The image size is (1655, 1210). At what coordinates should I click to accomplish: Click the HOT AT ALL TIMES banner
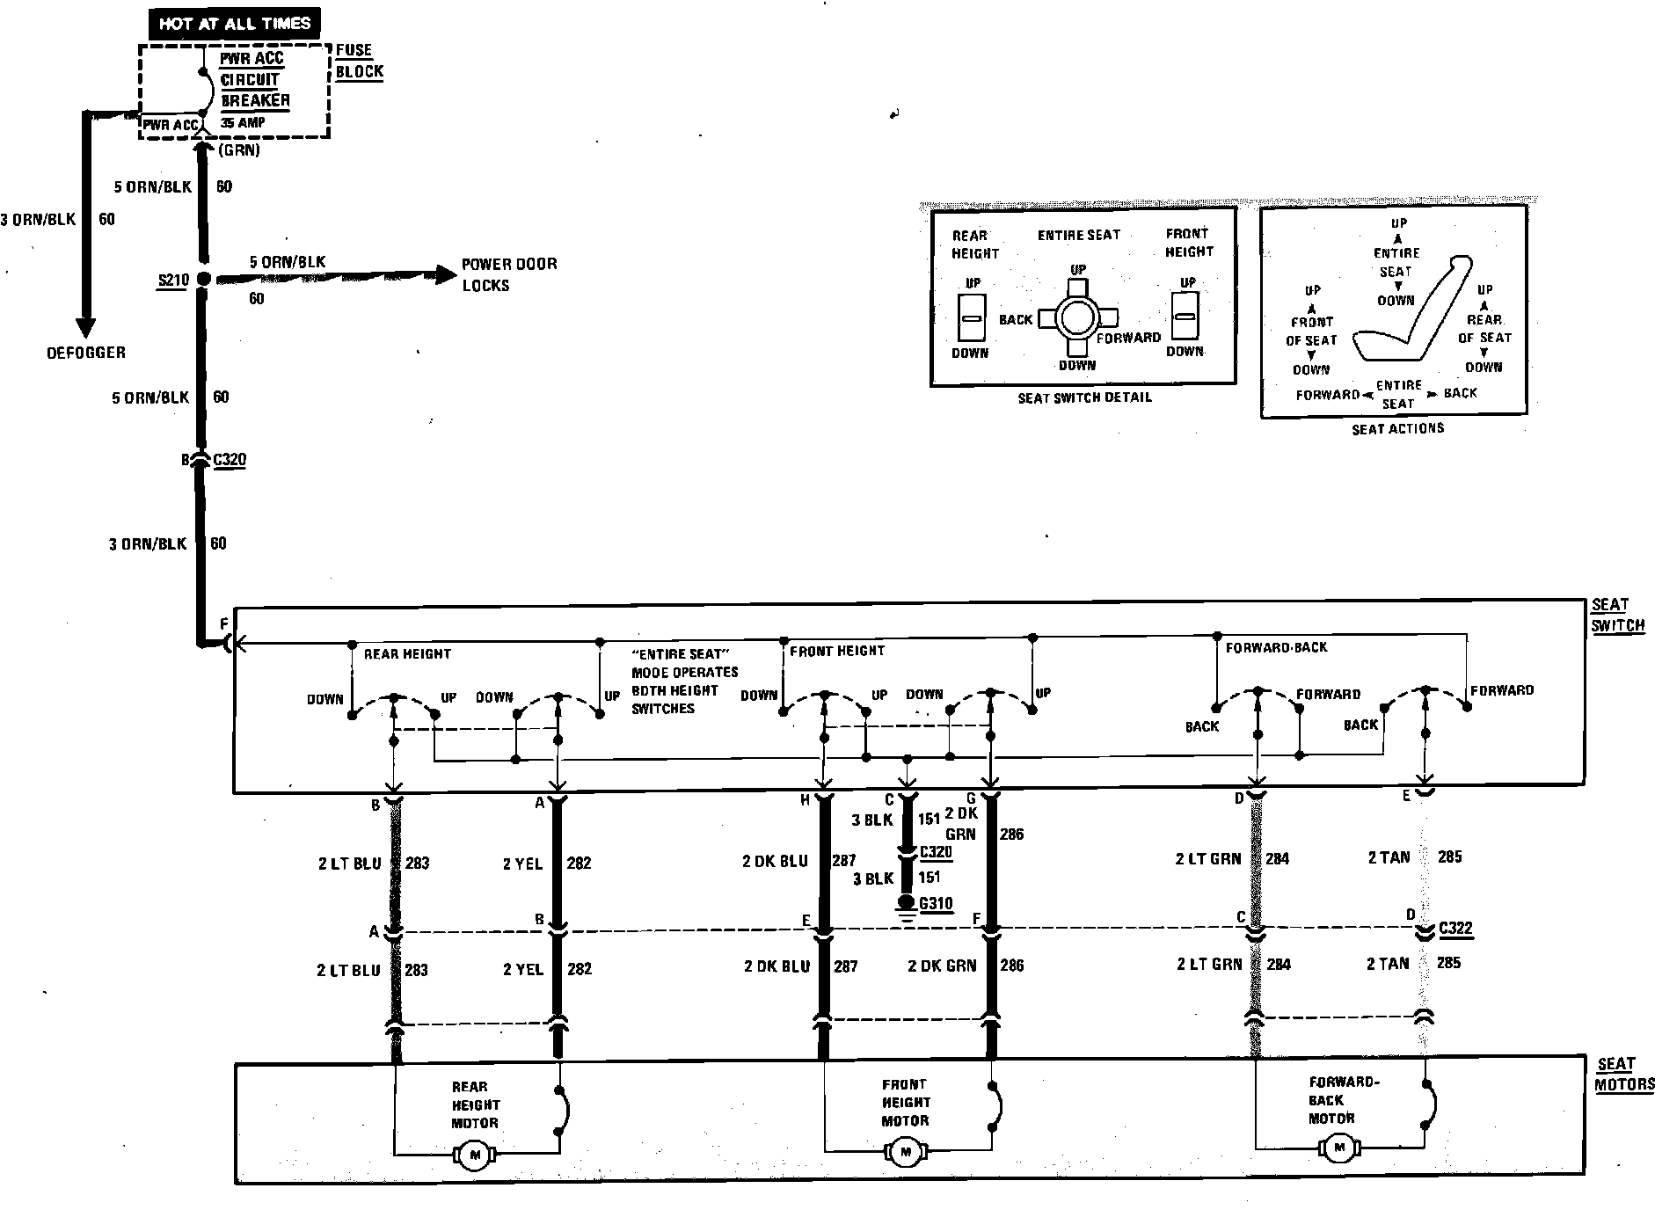tap(235, 24)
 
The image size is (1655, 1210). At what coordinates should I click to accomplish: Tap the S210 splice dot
tap(203, 279)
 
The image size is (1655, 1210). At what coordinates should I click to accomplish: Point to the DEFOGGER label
tap(86, 353)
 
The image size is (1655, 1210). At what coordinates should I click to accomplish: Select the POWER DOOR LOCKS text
tap(509, 274)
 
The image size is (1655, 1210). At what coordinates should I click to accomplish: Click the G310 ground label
tap(936, 903)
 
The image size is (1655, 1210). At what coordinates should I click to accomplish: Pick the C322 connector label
tap(1455, 929)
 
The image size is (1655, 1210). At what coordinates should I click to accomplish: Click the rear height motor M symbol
tap(475, 1155)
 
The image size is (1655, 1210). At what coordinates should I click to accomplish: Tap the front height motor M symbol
tap(905, 1151)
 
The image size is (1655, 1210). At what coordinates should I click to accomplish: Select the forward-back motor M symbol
tap(1338, 1148)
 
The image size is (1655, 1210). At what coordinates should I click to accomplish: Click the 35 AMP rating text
tap(243, 123)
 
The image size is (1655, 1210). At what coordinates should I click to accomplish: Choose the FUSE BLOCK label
tap(359, 61)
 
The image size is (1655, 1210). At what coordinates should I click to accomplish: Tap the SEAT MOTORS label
tap(1624, 1075)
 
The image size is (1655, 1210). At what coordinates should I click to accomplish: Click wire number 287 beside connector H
tap(844, 862)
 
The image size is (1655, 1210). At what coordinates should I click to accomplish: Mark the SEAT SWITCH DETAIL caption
tap(1084, 397)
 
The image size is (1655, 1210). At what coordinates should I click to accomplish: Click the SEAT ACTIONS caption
tap(1397, 428)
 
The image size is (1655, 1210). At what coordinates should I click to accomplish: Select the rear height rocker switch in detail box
tap(972, 317)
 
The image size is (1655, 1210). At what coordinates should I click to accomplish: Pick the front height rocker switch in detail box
tap(1186, 317)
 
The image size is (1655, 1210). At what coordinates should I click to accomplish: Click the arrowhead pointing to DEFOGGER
tap(85, 327)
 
